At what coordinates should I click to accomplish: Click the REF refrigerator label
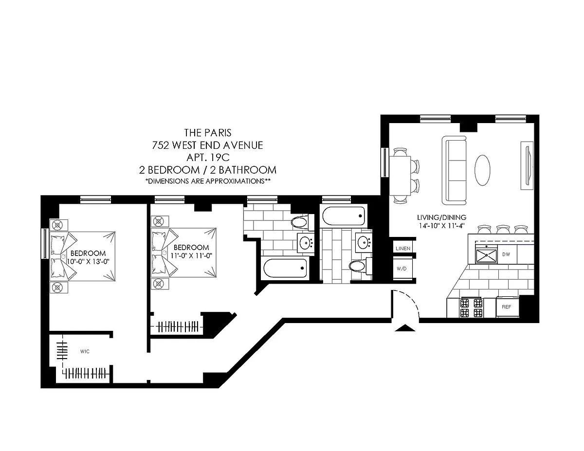pyautogui.click(x=506, y=307)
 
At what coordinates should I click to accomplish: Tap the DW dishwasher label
pyautogui.click(x=506, y=254)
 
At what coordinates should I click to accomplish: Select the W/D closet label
pyautogui.click(x=402, y=269)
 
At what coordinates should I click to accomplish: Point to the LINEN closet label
pyautogui.click(x=403, y=249)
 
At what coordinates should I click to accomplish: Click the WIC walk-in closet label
pyautogui.click(x=85, y=351)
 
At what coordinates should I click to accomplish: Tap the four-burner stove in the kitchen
pyautogui.click(x=472, y=308)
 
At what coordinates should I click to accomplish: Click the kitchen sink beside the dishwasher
pyautogui.click(x=487, y=255)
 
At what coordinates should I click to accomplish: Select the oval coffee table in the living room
pyautogui.click(x=482, y=170)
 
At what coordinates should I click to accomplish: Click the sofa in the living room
pyautogui.click(x=454, y=170)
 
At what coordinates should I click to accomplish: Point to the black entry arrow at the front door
pyautogui.click(x=405, y=328)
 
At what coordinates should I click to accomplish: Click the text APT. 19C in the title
pyautogui.click(x=208, y=158)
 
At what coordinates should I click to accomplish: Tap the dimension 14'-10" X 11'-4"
pyautogui.click(x=441, y=226)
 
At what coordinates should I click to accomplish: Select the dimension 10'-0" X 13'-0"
pyautogui.click(x=88, y=261)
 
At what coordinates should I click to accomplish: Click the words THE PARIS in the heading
pyautogui.click(x=208, y=133)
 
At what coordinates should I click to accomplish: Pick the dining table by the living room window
pyautogui.click(x=400, y=176)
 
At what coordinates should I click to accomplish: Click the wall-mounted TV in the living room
pyautogui.click(x=527, y=166)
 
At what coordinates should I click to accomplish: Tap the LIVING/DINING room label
pyautogui.click(x=441, y=217)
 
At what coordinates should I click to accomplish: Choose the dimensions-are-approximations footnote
pyautogui.click(x=208, y=181)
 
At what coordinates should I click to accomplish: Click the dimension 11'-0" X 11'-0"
pyautogui.click(x=192, y=255)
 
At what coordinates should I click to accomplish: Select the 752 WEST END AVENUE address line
pyautogui.click(x=207, y=145)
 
